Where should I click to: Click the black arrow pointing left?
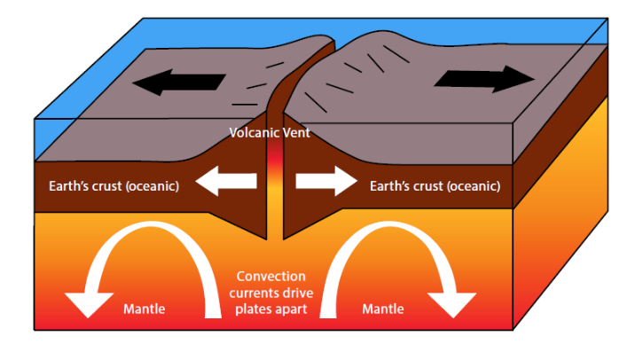[177, 83]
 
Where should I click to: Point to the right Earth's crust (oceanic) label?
[435, 186]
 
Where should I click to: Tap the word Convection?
[271, 277]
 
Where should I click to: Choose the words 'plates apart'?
[270, 309]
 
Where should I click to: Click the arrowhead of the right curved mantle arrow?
[457, 301]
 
